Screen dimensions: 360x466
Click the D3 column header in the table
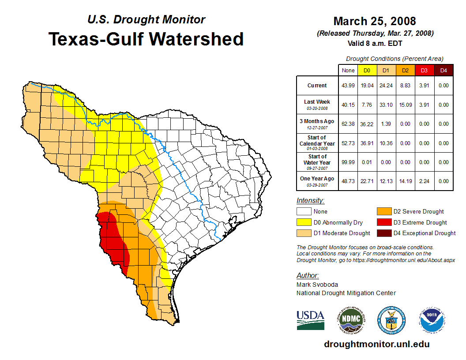click(424, 71)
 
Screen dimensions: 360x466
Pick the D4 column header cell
click(443, 71)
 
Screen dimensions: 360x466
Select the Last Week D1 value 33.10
click(386, 105)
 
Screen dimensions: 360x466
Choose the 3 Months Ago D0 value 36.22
click(366, 124)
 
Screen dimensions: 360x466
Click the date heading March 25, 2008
click(375, 21)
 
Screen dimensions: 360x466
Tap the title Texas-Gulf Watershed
click(146, 39)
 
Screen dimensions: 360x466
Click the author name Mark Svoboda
click(317, 285)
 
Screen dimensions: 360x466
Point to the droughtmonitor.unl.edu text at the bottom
click(377, 344)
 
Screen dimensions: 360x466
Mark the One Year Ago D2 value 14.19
click(405, 181)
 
